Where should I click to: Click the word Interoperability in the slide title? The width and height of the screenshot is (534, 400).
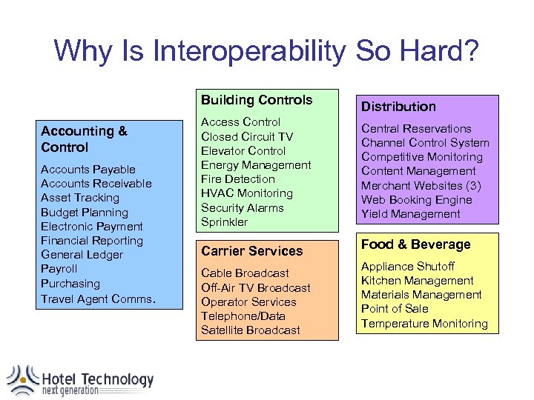coord(248,51)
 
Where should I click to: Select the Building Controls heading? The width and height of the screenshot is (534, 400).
coord(257,100)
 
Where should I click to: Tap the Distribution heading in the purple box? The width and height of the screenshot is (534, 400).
coord(398,107)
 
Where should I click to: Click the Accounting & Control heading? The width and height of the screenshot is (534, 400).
coord(84,139)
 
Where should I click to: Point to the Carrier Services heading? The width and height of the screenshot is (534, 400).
coord(251,251)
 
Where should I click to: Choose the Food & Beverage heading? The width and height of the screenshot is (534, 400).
coord(415,244)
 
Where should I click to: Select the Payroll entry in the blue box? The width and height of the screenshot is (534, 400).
coord(59,269)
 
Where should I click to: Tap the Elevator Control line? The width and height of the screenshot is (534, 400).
coord(243,150)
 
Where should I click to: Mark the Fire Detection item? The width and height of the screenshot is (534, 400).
coord(237,179)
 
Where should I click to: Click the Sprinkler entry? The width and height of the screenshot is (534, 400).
coord(225,222)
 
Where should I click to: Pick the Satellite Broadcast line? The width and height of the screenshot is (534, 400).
coord(250,330)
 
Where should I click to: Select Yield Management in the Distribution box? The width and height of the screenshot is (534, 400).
coord(410,214)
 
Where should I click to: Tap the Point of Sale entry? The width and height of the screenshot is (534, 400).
coord(395,309)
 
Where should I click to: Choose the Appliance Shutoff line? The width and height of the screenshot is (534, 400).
coord(407,266)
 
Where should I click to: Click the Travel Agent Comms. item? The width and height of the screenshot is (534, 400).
coord(98,299)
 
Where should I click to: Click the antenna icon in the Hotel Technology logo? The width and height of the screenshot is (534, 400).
coord(22,380)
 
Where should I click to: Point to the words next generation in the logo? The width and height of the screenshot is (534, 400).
coord(70,391)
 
